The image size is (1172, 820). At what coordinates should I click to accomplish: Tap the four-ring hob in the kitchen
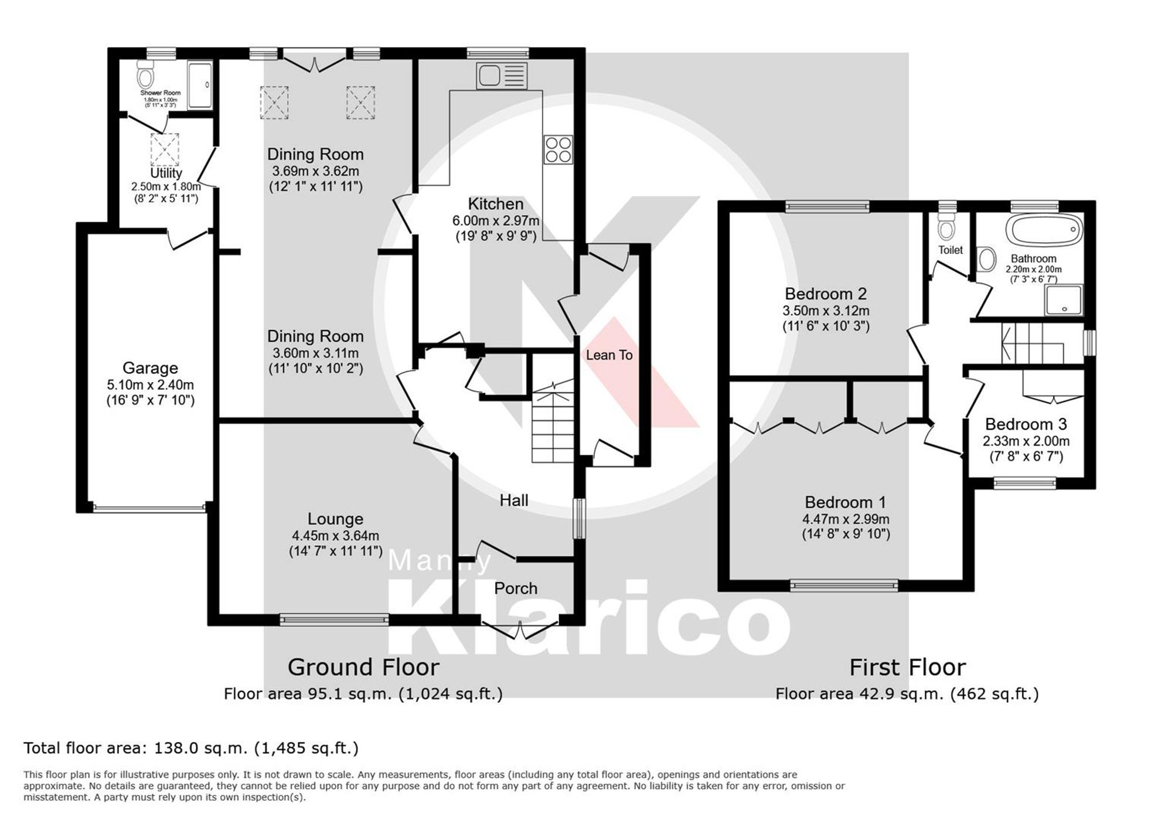click(x=557, y=149)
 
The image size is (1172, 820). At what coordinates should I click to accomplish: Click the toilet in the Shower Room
click(x=145, y=75)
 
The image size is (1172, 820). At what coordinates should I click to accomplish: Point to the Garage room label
click(x=150, y=368)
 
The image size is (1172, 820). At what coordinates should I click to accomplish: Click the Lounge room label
click(x=335, y=519)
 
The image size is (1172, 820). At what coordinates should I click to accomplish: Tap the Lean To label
click(x=609, y=355)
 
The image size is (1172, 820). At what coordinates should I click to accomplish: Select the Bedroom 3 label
click(x=1025, y=424)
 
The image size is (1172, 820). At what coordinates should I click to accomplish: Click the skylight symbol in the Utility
click(x=165, y=149)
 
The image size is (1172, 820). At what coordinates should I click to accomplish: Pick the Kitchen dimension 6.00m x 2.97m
click(x=495, y=221)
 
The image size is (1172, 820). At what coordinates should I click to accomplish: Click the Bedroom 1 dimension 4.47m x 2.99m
click(x=846, y=519)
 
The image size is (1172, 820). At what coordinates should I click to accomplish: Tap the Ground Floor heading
click(x=363, y=667)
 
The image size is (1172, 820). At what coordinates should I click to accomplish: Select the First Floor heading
click(x=907, y=667)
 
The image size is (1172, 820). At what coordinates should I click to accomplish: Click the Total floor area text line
click(x=191, y=748)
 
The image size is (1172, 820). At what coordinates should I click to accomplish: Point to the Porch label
click(x=515, y=588)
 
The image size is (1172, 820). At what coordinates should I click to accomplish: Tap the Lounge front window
click(x=334, y=620)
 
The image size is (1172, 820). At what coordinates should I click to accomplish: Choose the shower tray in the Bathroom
click(x=1064, y=300)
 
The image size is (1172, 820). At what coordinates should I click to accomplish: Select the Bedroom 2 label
click(x=826, y=294)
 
